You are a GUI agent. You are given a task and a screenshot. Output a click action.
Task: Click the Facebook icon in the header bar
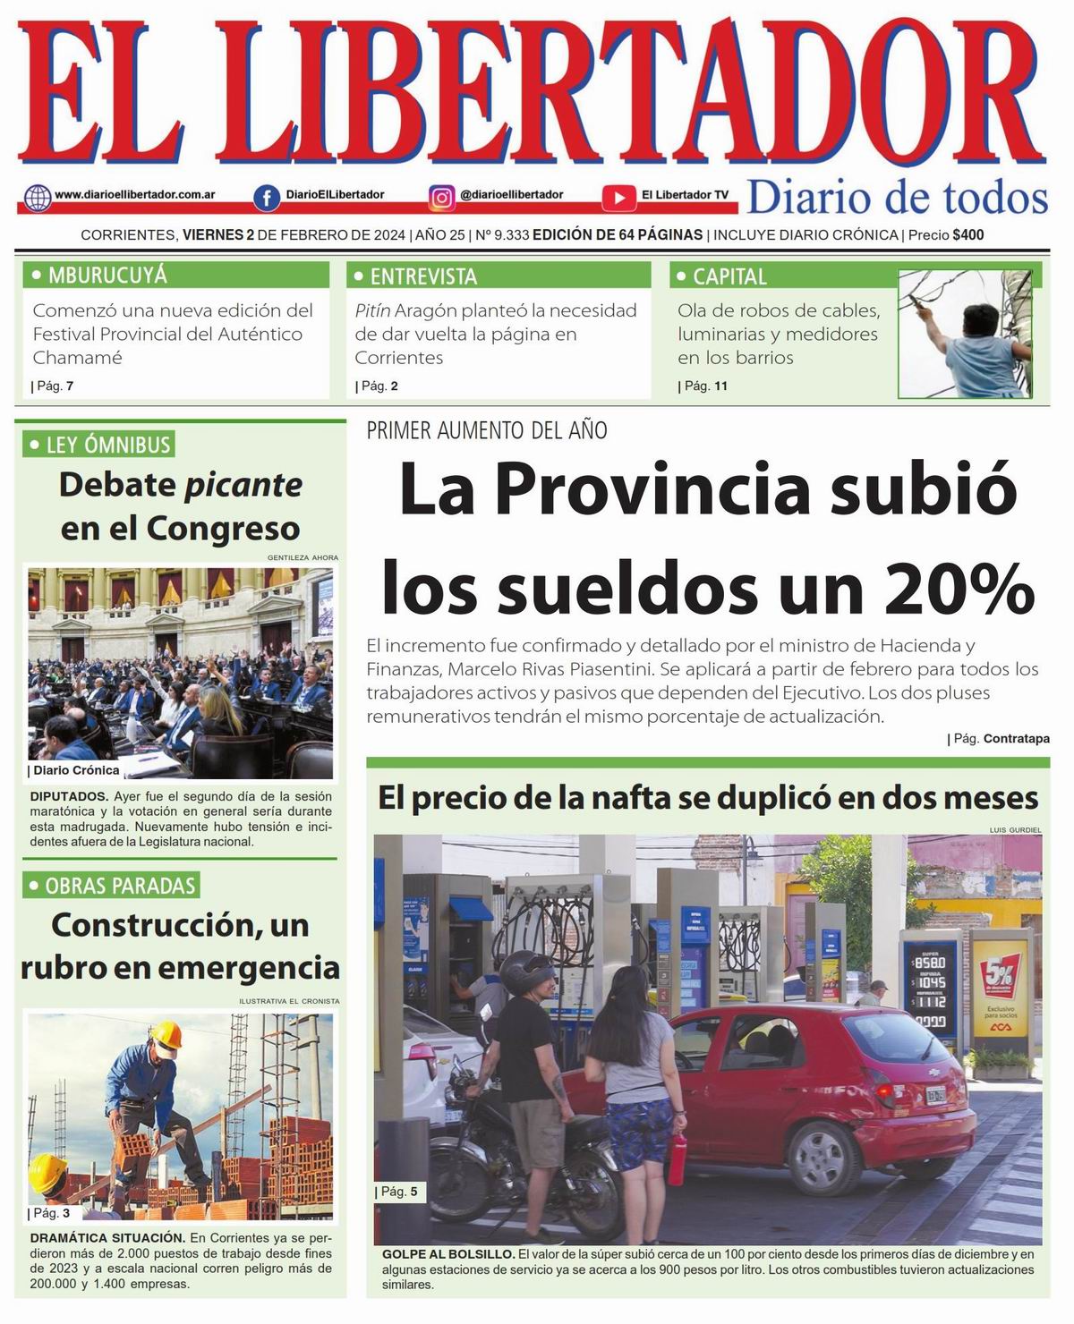coord(266,197)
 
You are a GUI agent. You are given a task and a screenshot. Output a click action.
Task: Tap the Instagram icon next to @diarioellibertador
coord(441,197)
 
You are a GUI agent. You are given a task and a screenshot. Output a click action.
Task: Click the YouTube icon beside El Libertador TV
coord(618,197)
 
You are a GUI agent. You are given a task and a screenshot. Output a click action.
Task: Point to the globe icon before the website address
coord(38,197)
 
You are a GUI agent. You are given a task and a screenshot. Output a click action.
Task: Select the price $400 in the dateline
coord(968,235)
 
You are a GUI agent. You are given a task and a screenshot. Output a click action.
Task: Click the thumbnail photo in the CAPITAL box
coord(965,334)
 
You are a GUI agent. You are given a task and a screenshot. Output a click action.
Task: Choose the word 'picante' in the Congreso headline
coord(243,485)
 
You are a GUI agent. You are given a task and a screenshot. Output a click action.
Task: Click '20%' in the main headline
coord(957,589)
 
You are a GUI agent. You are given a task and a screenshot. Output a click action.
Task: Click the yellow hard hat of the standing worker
coord(166,1035)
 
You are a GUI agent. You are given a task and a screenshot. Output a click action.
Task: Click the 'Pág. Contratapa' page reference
coord(998,739)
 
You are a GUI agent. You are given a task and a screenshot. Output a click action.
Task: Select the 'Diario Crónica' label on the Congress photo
coord(75,769)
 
